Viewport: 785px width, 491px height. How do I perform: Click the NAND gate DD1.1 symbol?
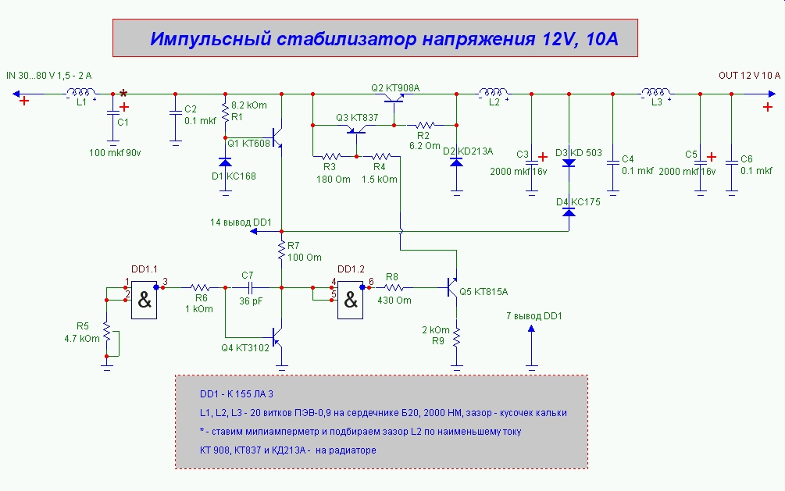(x=145, y=299)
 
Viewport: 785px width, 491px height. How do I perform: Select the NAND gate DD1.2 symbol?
(x=350, y=299)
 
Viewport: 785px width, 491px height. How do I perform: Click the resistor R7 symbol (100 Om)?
(x=282, y=250)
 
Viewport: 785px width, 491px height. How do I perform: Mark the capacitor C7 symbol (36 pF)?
(x=248, y=287)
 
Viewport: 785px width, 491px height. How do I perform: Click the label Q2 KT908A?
(x=395, y=87)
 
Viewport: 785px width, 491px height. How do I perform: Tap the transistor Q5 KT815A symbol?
(x=453, y=289)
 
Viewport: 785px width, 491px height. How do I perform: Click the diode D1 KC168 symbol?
(x=225, y=162)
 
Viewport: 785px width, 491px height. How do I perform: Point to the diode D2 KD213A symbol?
(x=456, y=162)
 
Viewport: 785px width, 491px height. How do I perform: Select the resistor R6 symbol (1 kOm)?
(x=201, y=287)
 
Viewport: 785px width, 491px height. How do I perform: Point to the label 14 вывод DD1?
(x=241, y=222)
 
